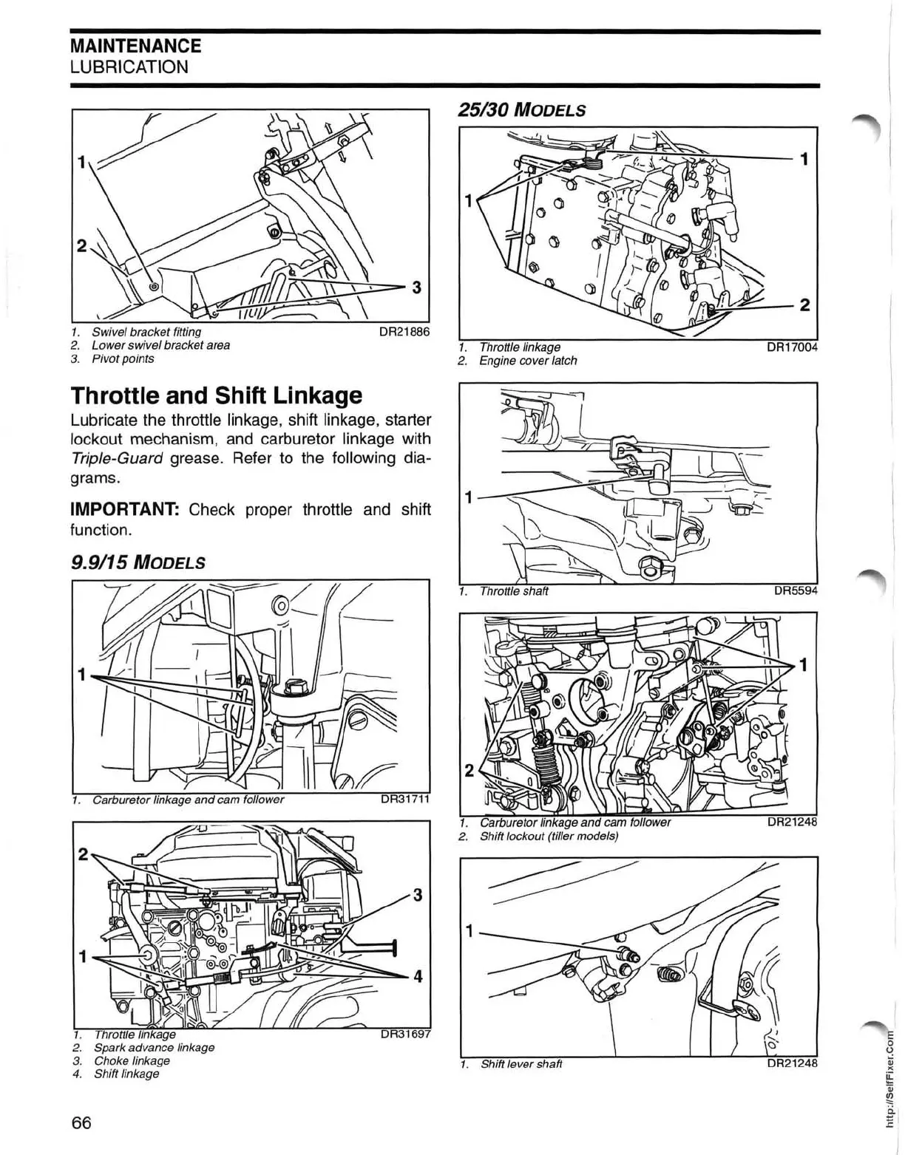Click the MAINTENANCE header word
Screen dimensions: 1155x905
135,46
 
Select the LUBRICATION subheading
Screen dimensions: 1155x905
129,67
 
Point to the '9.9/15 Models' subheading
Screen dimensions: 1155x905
137,563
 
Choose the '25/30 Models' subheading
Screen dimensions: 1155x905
522,109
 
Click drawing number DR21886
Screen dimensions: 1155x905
404,333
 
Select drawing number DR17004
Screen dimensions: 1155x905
791,347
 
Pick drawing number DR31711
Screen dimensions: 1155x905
404,800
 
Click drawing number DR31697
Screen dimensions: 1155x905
404,1035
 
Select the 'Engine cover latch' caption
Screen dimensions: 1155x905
528,361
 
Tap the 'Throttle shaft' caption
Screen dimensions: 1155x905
514,591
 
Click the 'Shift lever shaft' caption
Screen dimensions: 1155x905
521,1064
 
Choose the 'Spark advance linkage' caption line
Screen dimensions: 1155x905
154,1047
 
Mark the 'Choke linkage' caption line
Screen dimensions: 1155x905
132,1060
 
